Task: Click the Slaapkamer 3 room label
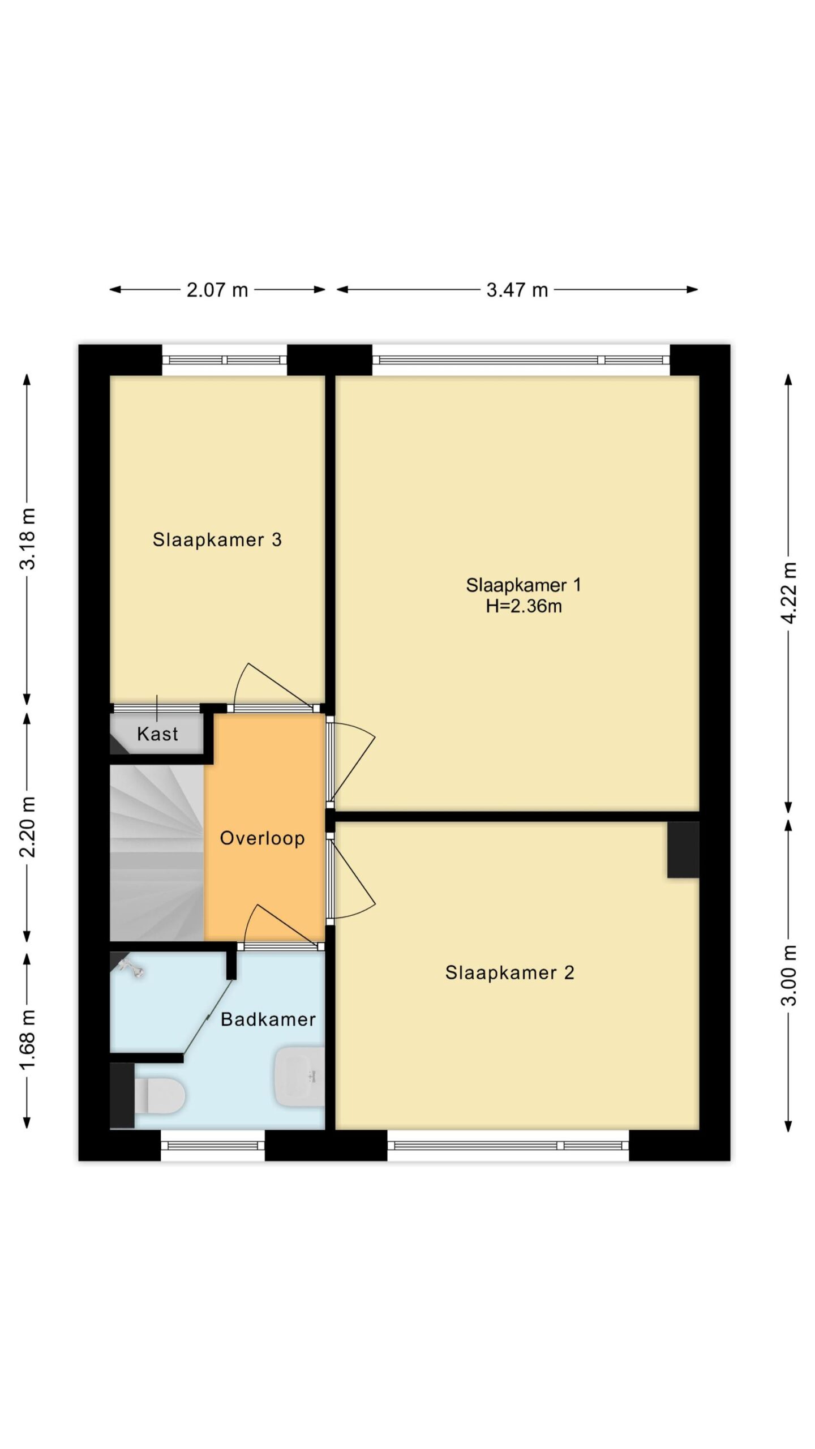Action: (x=217, y=539)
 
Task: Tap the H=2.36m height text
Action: (x=524, y=606)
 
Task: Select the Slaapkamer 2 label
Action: (x=509, y=972)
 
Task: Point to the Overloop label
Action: (x=262, y=838)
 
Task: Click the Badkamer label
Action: (x=268, y=1019)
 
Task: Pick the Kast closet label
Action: (x=157, y=734)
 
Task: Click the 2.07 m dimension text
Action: (x=217, y=290)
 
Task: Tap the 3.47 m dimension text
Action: (x=517, y=290)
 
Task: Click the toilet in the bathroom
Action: (x=159, y=1096)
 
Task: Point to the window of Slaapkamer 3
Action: (x=225, y=359)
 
